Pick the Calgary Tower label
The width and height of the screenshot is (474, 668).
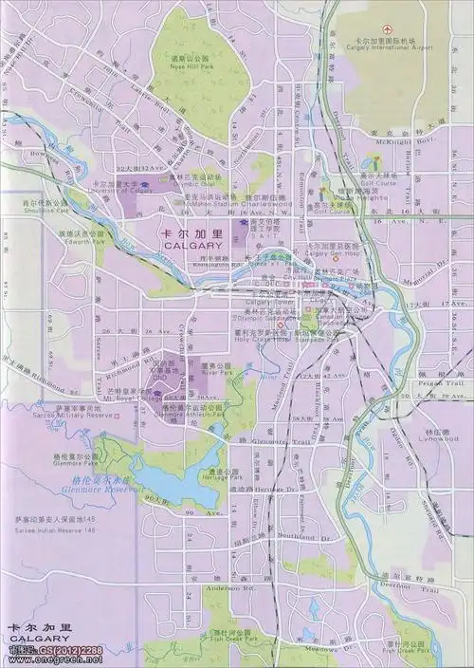point(267,301)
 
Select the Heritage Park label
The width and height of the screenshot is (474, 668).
point(217,476)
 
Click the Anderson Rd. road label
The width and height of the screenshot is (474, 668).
point(238,587)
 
